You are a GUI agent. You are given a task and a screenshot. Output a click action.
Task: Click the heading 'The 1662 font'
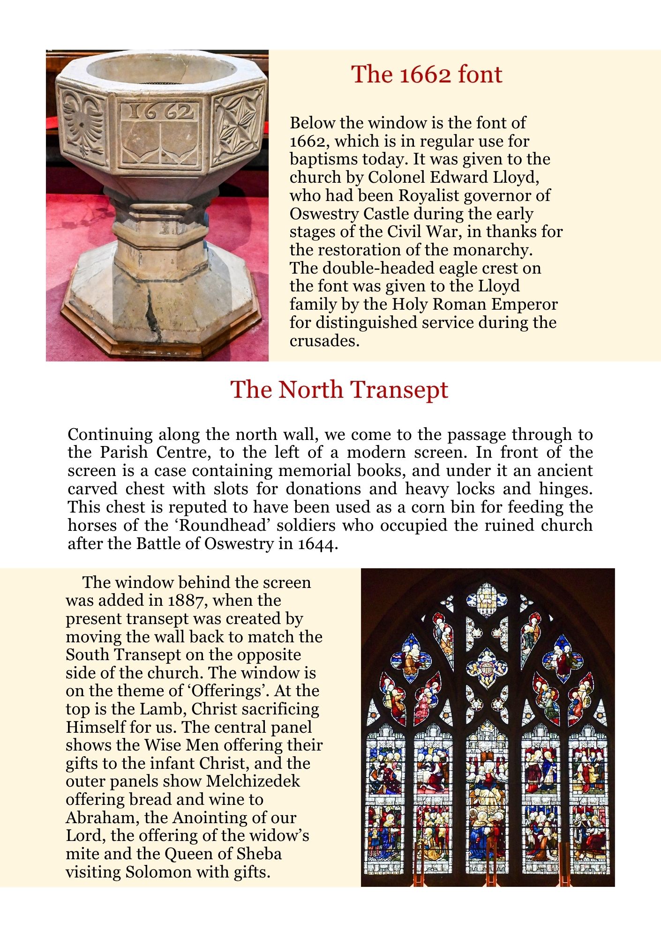tap(427, 74)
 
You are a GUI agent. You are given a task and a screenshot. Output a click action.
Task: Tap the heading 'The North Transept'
tap(339, 389)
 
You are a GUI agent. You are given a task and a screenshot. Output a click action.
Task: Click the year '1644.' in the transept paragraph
tap(317, 543)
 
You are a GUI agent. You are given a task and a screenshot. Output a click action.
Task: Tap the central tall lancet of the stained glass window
tap(488, 806)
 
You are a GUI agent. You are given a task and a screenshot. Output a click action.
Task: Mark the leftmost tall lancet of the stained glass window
tap(385, 806)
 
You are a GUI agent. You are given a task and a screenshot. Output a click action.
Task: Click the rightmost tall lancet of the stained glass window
tap(589, 806)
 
